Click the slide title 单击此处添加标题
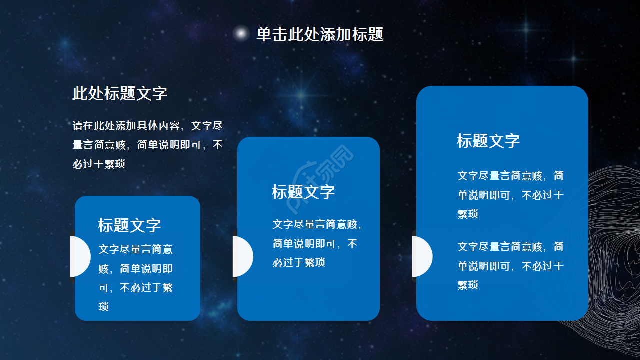pyautogui.click(x=320, y=34)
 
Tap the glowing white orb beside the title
pyautogui.click(x=241, y=33)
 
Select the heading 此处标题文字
pyautogui.click(x=120, y=93)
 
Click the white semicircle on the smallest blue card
pyautogui.click(x=80, y=256)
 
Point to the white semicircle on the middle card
pyautogui.click(x=242, y=256)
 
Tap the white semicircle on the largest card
pyautogui.click(x=421, y=256)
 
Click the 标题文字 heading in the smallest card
pyautogui.click(x=129, y=225)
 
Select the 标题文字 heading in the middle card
pyautogui.click(x=303, y=192)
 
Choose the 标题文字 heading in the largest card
pyautogui.click(x=488, y=141)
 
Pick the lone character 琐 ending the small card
pyautogui.click(x=104, y=307)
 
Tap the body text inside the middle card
pyautogui.click(x=317, y=243)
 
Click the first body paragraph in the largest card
pyautogui.click(x=510, y=195)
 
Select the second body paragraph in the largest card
pyautogui.click(x=510, y=266)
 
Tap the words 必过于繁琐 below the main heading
pyautogui.click(x=99, y=164)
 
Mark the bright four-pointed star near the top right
pyautogui.click(x=526, y=29)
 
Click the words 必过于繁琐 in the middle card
pyautogui.click(x=299, y=262)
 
